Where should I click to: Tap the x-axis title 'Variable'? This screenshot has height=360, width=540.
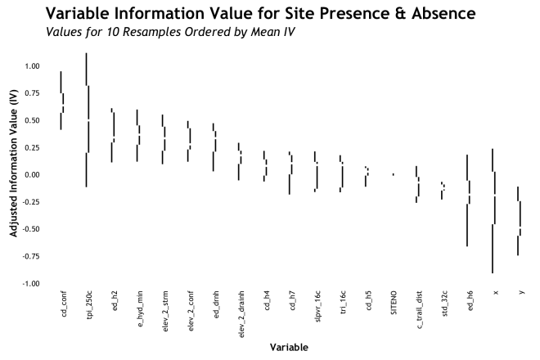289,348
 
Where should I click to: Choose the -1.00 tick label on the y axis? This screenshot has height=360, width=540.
31,283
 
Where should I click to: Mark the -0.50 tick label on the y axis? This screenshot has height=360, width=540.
31,229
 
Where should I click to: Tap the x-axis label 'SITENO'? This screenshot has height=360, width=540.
394,302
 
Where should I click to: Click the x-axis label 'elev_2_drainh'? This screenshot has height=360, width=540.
241,312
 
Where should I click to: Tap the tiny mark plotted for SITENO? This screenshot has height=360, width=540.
394,174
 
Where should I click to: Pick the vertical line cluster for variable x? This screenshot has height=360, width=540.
493,211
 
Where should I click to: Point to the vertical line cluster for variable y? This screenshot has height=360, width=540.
519,221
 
